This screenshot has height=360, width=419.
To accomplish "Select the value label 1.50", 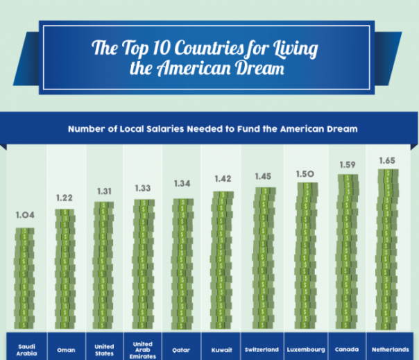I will click(305, 175).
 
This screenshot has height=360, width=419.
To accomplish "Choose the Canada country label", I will click(345, 349).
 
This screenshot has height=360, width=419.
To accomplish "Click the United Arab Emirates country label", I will click(142, 349).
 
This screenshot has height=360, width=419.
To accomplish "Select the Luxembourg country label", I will click(305, 349).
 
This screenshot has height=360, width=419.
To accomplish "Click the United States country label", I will click(104, 349).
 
